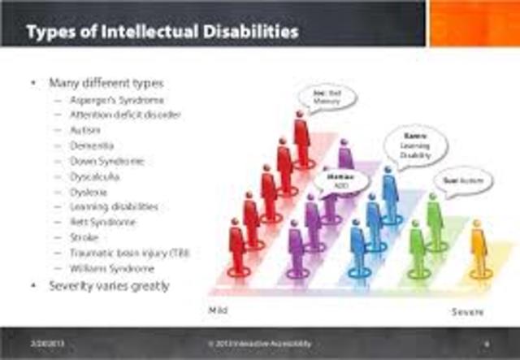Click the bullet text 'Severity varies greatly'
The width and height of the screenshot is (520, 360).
109,286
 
